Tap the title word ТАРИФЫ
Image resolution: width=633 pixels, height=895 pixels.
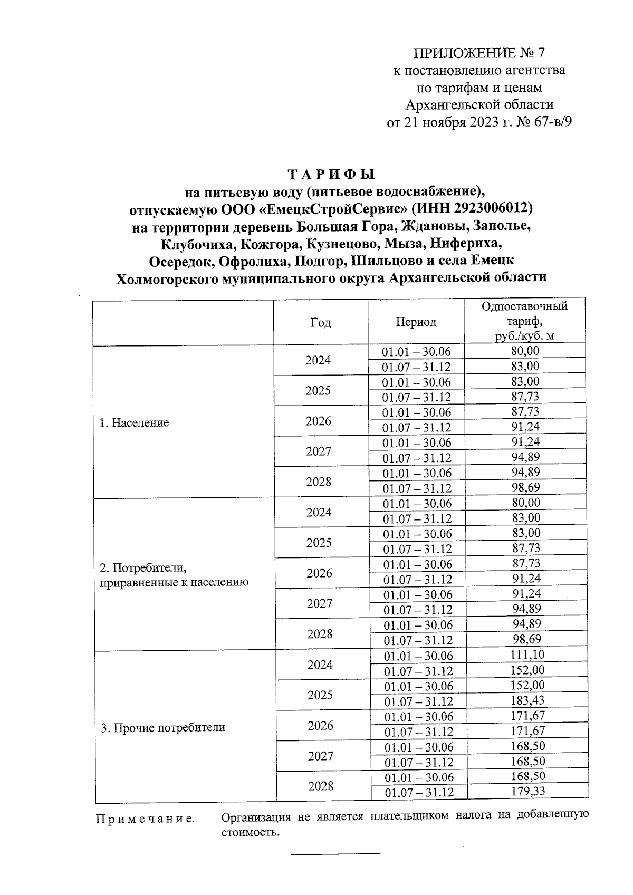point(331,175)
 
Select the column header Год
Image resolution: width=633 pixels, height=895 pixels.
point(321,322)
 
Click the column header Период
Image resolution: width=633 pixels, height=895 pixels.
point(416,322)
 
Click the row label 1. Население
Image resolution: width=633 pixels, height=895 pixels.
point(135,422)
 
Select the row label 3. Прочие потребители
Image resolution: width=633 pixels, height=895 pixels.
point(163,727)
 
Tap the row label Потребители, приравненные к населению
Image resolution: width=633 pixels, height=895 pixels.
point(174,575)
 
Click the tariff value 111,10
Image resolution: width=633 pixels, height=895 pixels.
point(527,655)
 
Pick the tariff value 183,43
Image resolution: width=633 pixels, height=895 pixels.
point(527,700)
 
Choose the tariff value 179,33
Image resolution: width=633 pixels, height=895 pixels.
point(527,791)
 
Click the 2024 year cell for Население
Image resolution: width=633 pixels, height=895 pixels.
point(318,360)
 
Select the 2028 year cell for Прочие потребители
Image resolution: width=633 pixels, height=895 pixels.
point(321,786)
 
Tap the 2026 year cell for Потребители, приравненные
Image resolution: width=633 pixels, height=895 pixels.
point(319,573)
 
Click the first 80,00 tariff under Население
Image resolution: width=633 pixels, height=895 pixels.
point(525,351)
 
